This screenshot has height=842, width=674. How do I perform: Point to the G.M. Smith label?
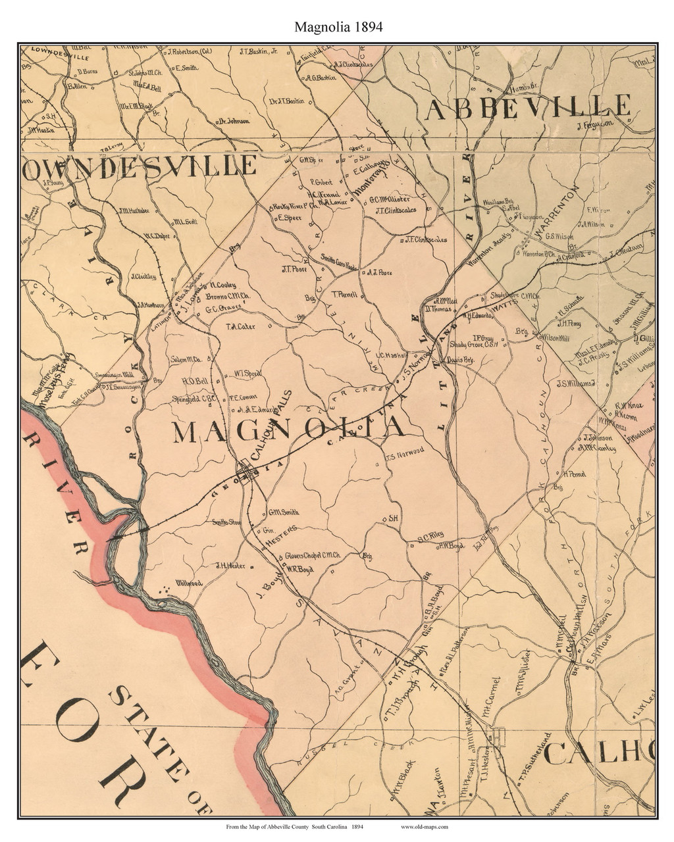(x=284, y=512)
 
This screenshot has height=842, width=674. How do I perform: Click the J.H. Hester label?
(x=230, y=565)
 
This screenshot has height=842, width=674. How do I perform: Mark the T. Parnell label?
(x=344, y=295)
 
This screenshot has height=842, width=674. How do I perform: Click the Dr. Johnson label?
(x=234, y=121)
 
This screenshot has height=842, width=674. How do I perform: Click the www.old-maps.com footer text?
(x=424, y=826)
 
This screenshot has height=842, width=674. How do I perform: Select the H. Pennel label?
(x=574, y=474)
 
